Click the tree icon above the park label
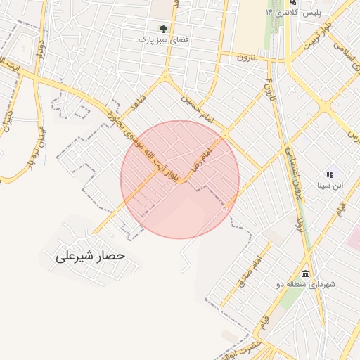pyautogui.click(x=163, y=29)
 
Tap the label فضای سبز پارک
pyautogui.click(x=163, y=40)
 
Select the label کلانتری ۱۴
pyautogui.click(x=282, y=13)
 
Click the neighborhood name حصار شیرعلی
pyautogui.click(x=89, y=257)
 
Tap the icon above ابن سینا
pyautogui.click(x=329, y=174)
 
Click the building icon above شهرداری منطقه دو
pyautogui.click(x=304, y=274)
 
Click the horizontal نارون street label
pyautogui.click(x=243, y=57)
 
